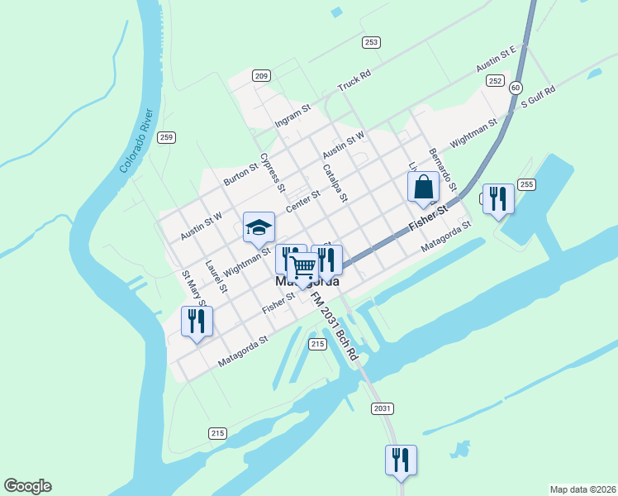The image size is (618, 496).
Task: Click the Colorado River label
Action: (x=136, y=141)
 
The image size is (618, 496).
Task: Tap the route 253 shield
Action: (x=371, y=42)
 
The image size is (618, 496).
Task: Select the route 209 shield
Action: (x=261, y=76)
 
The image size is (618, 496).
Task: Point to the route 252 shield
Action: (x=495, y=80)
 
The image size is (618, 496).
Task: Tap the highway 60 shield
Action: (x=516, y=87)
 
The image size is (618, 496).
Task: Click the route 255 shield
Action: (x=526, y=184)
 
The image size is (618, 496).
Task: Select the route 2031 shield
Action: (x=382, y=408)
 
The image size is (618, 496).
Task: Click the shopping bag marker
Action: (x=423, y=187)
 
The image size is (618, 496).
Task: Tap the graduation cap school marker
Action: (x=259, y=227)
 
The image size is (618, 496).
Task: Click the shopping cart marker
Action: (x=303, y=268)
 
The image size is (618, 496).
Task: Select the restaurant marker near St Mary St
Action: (x=197, y=321)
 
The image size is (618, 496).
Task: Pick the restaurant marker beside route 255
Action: (x=497, y=198)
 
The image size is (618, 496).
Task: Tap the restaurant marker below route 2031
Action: (x=401, y=460)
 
